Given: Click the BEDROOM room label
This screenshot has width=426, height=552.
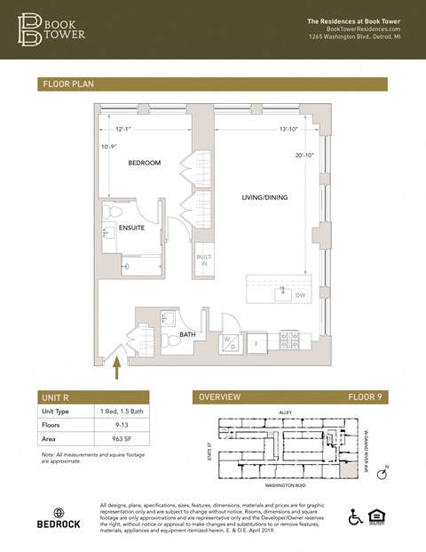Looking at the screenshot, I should coord(144,164).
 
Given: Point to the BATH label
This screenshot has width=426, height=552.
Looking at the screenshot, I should coord(187,334).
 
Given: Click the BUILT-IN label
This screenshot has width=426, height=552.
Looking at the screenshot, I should coord(203,260).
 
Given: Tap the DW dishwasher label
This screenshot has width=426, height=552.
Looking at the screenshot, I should coord(301,295).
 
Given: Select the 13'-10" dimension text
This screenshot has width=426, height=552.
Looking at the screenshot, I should coord(288,130).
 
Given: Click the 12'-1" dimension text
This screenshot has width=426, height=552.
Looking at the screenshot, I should coord(123,130).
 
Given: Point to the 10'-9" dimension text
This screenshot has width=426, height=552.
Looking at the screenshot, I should coord(109,147).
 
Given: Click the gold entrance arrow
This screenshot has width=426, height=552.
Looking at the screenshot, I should coord(115,366).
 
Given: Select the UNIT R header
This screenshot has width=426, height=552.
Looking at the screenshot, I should coord(59,397).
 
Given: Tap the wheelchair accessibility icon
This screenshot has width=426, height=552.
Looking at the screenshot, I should coord(355,516).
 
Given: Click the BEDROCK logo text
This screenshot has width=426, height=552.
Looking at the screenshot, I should coord(59,524).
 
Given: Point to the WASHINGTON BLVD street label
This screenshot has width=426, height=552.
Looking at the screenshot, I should coord(286,486).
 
